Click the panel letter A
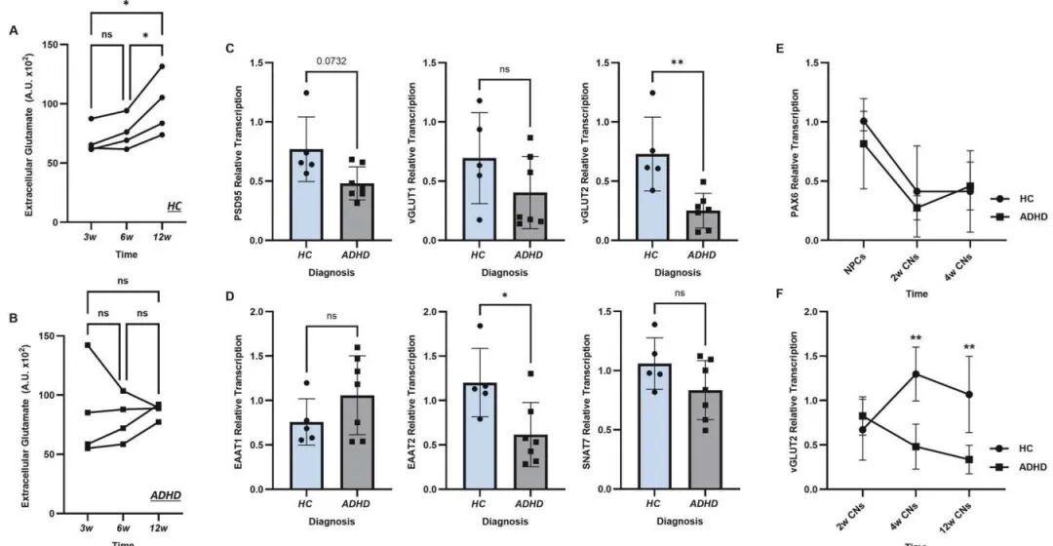click(x=13, y=30)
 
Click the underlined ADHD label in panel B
click(x=160, y=494)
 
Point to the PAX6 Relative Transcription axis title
click(x=794, y=150)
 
